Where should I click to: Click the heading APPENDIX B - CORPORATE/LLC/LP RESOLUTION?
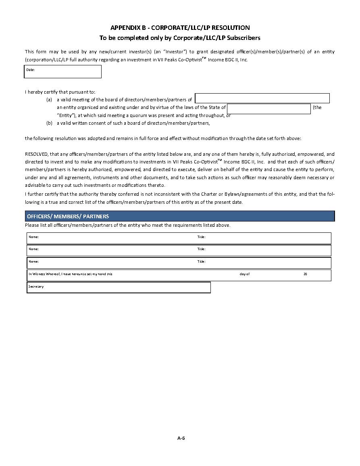(x=180, y=28)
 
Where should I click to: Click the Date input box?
(x=63, y=72)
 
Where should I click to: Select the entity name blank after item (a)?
(x=262, y=98)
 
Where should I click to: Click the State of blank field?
(x=268, y=109)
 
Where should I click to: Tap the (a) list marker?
(x=49, y=100)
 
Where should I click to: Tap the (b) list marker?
(x=49, y=123)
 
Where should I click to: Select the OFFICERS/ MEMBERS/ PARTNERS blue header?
(x=180, y=216)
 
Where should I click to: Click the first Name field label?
(x=33, y=237)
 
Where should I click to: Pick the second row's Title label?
(x=201, y=249)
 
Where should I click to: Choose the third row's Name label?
(x=33, y=261)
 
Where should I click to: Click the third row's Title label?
(x=201, y=261)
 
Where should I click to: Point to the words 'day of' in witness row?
(x=244, y=274)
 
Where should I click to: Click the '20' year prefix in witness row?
(x=305, y=274)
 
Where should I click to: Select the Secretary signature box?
(x=119, y=288)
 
